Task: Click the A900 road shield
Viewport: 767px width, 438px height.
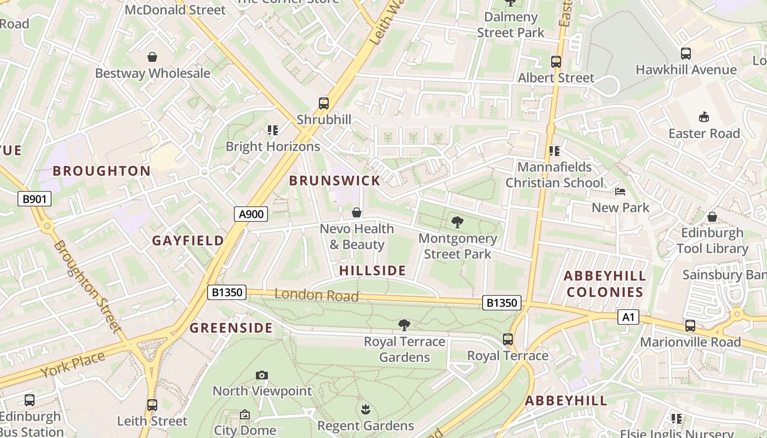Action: click(x=251, y=214)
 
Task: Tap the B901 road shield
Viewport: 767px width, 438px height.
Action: click(x=35, y=199)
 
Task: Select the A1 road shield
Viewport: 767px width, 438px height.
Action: click(x=628, y=317)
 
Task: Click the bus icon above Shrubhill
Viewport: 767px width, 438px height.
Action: click(x=324, y=103)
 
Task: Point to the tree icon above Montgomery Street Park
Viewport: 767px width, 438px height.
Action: click(x=457, y=222)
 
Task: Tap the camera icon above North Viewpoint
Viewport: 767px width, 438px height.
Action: click(x=262, y=375)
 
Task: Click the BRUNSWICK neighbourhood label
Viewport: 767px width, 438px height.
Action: click(x=334, y=181)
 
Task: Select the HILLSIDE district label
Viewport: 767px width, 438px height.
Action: click(x=373, y=270)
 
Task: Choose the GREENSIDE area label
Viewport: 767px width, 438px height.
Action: click(x=231, y=328)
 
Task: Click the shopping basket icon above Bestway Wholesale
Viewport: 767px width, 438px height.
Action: click(x=152, y=57)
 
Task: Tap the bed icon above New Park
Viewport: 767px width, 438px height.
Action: click(x=620, y=191)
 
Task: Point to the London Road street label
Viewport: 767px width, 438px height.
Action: click(x=316, y=295)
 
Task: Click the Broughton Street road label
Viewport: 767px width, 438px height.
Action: click(x=86, y=286)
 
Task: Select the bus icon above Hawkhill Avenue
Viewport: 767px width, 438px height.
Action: click(x=686, y=54)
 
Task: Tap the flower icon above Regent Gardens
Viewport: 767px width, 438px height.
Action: click(x=365, y=409)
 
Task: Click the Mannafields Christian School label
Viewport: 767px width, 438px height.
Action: click(x=554, y=175)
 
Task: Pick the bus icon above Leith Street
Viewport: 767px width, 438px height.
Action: click(x=152, y=405)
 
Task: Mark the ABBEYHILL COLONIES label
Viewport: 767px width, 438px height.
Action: click(x=605, y=284)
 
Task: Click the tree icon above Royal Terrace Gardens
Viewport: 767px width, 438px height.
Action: click(x=404, y=325)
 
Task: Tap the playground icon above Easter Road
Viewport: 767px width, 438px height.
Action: click(x=704, y=117)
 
